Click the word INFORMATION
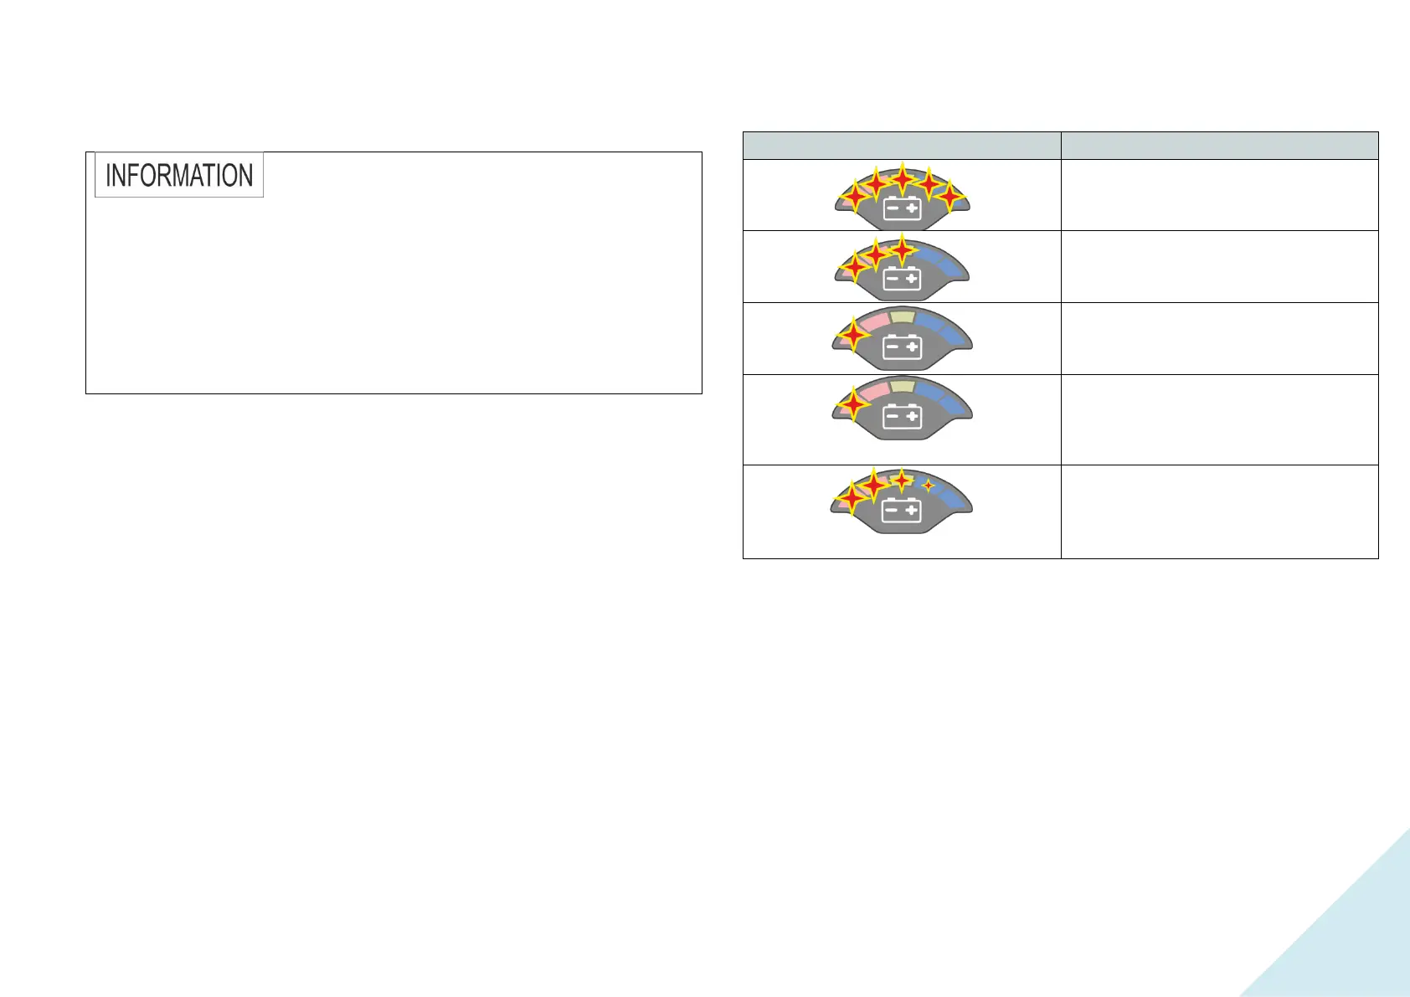point(179,175)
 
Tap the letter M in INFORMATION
point(188,175)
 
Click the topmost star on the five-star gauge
point(902,177)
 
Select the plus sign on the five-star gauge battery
point(912,208)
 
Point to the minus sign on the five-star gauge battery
point(892,208)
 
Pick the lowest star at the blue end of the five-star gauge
point(950,197)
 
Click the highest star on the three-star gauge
point(902,249)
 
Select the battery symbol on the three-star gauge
point(902,278)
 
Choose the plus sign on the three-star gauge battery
point(912,278)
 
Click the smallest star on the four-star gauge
point(928,485)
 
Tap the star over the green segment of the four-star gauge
point(902,481)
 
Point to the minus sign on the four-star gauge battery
point(892,510)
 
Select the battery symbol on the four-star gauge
point(902,510)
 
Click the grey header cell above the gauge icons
point(902,145)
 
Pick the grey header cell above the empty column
point(1219,145)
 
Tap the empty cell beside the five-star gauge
point(1219,195)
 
